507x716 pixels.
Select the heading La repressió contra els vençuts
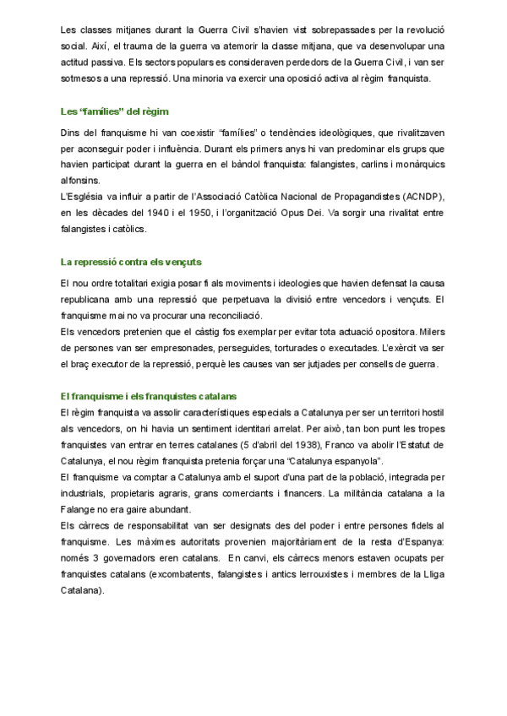[131, 262]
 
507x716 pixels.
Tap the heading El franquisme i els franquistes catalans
[148, 396]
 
